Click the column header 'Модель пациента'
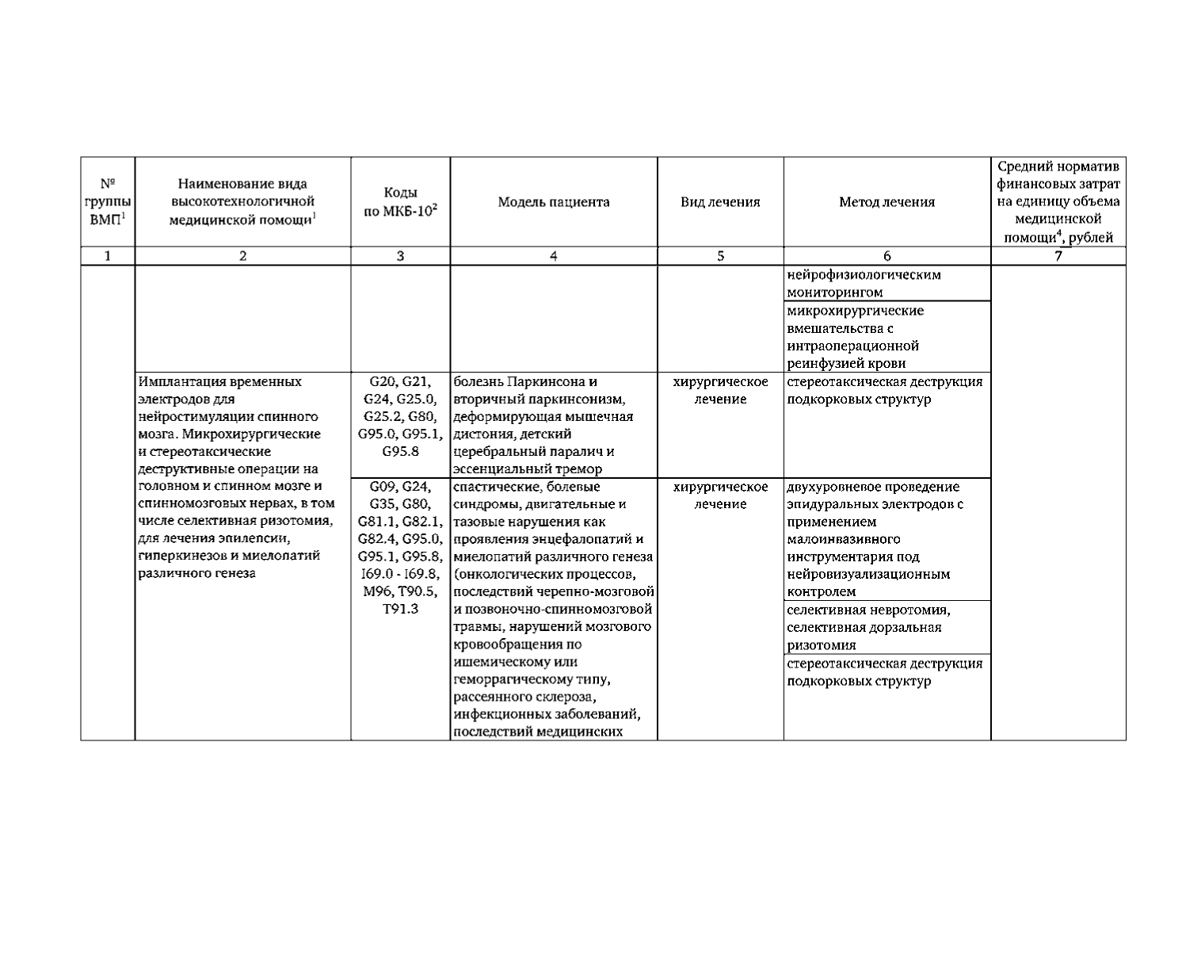click(x=553, y=202)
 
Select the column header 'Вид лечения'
click(x=720, y=202)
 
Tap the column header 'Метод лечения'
click(x=886, y=202)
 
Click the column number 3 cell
click(x=400, y=256)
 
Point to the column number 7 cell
click(x=1058, y=256)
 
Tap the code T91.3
click(x=400, y=609)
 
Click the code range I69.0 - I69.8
click(x=400, y=574)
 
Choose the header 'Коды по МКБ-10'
click(x=400, y=203)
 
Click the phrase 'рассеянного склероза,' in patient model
click(x=524, y=698)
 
